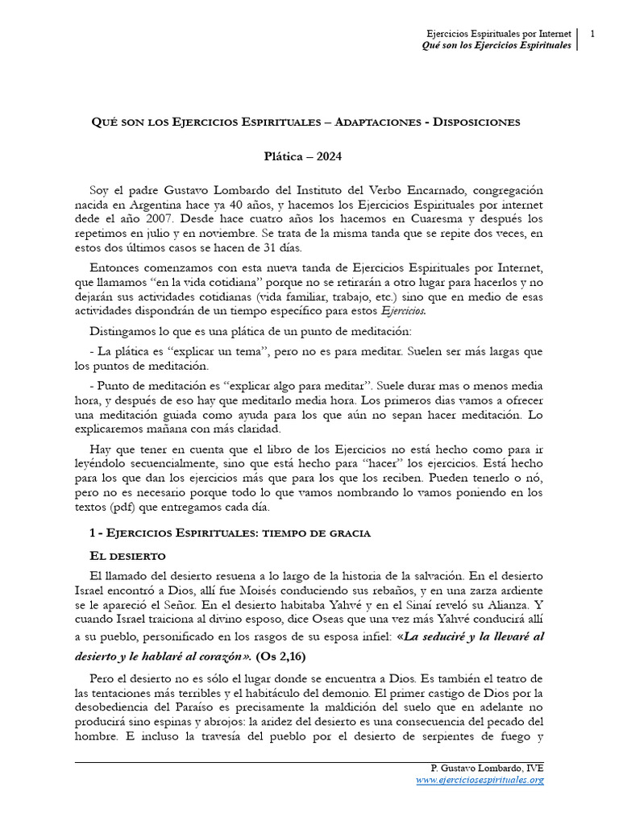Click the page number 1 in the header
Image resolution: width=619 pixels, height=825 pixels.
[592, 33]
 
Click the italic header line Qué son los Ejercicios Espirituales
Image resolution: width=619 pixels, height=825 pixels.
[496, 45]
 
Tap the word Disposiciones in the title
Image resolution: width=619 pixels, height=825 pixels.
[476, 122]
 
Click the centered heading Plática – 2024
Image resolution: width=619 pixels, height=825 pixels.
[309, 158]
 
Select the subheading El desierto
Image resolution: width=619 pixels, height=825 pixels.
[127, 556]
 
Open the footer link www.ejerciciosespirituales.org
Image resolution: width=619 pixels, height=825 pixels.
[480, 780]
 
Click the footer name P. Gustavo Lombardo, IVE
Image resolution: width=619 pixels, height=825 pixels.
[488, 769]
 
